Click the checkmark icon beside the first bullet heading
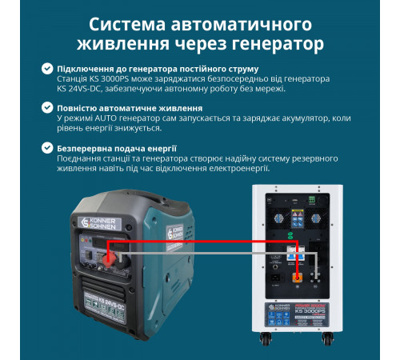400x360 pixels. click(x=47, y=70)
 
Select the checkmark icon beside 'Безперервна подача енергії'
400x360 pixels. click(x=47, y=148)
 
